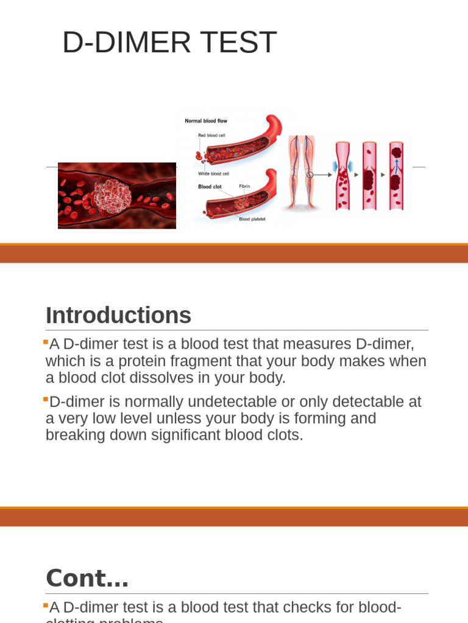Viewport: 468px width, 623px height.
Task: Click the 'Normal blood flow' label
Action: click(x=206, y=121)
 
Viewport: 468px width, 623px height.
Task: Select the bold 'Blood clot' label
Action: click(x=210, y=187)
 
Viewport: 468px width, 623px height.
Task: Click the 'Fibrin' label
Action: click(x=244, y=186)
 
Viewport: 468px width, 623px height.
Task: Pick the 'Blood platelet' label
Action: click(x=252, y=219)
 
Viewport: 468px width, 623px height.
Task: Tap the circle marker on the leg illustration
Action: click(x=310, y=175)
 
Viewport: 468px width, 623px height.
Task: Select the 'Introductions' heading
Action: click(x=118, y=316)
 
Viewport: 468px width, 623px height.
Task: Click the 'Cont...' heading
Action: click(x=87, y=578)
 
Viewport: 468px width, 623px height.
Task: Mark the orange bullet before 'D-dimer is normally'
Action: click(x=46, y=399)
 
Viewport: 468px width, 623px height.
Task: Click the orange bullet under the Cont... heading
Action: click(x=46, y=605)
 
